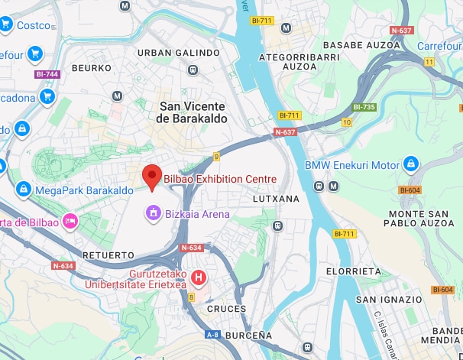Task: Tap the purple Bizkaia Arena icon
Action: click(x=154, y=212)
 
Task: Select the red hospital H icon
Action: click(x=199, y=277)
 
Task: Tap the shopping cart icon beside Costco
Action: click(x=6, y=25)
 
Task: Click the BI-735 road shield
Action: click(x=364, y=108)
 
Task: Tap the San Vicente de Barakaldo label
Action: click(x=193, y=112)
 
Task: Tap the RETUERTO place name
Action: click(x=108, y=254)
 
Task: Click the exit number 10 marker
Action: click(x=346, y=122)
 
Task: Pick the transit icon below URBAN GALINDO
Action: click(x=193, y=70)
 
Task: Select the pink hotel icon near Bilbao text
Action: click(x=70, y=222)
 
